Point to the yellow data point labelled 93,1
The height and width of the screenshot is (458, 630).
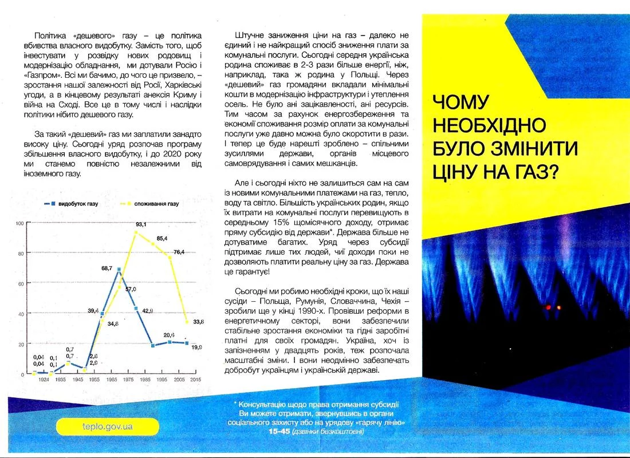pyautogui.click(x=136, y=232)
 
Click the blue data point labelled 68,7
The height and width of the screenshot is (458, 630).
pyautogui.click(x=119, y=269)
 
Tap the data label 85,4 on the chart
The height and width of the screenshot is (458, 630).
pyautogui.click(x=162, y=238)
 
